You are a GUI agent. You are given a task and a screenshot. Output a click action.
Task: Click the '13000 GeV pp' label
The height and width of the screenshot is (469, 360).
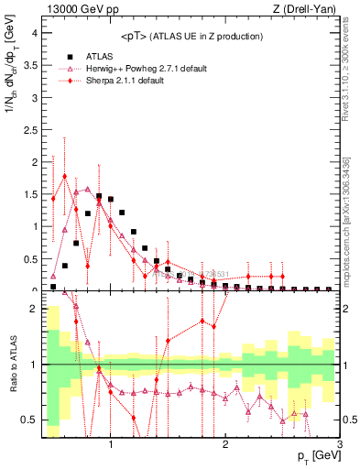pos(76,9)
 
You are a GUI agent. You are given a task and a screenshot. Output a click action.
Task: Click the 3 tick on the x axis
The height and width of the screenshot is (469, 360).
pos(339,446)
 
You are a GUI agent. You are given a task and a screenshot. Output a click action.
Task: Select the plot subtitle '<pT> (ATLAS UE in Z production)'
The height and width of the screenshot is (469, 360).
pos(191,36)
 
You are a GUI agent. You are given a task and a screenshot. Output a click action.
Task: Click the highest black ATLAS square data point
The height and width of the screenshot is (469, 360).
pos(99,196)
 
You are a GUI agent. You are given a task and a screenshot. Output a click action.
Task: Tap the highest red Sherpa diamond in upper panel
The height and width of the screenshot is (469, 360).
pos(65,176)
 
